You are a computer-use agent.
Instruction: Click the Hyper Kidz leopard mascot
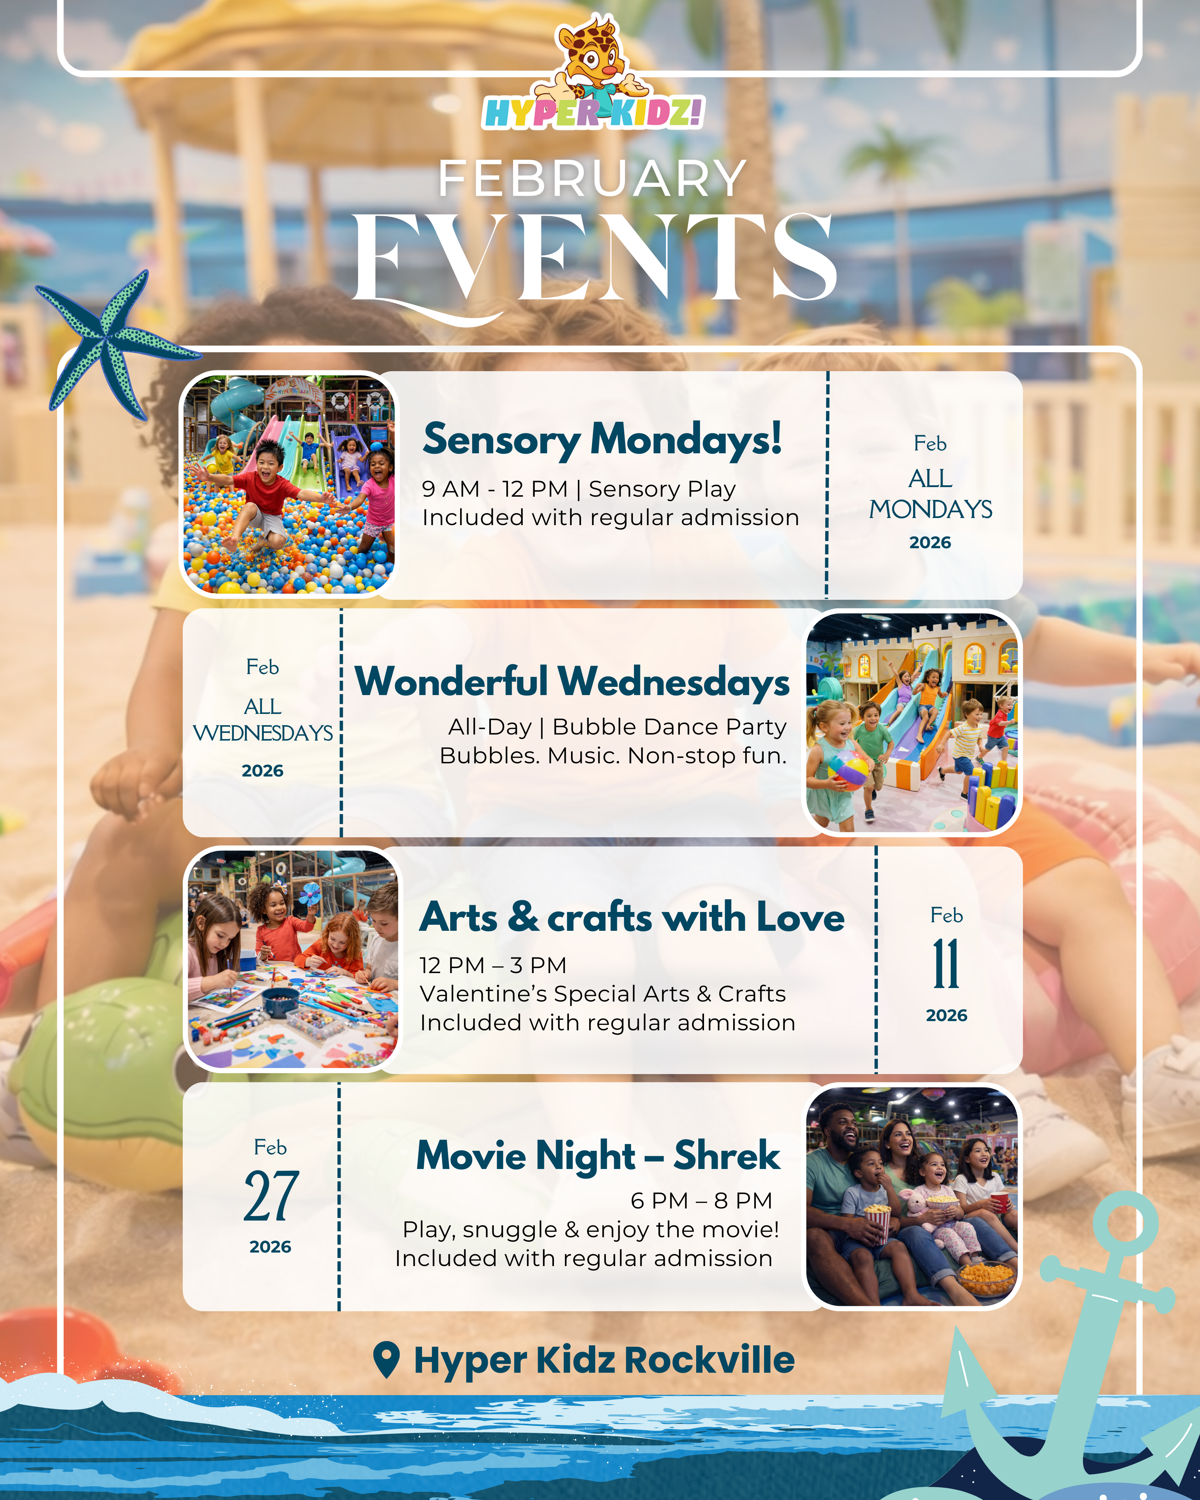[x=593, y=59]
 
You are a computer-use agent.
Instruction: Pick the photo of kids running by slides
[x=912, y=722]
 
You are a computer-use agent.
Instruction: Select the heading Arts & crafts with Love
[x=632, y=917]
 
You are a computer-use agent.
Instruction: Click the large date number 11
[x=946, y=963]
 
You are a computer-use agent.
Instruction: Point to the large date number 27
[x=271, y=1197]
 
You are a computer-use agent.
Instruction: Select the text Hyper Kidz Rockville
[x=604, y=1360]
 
